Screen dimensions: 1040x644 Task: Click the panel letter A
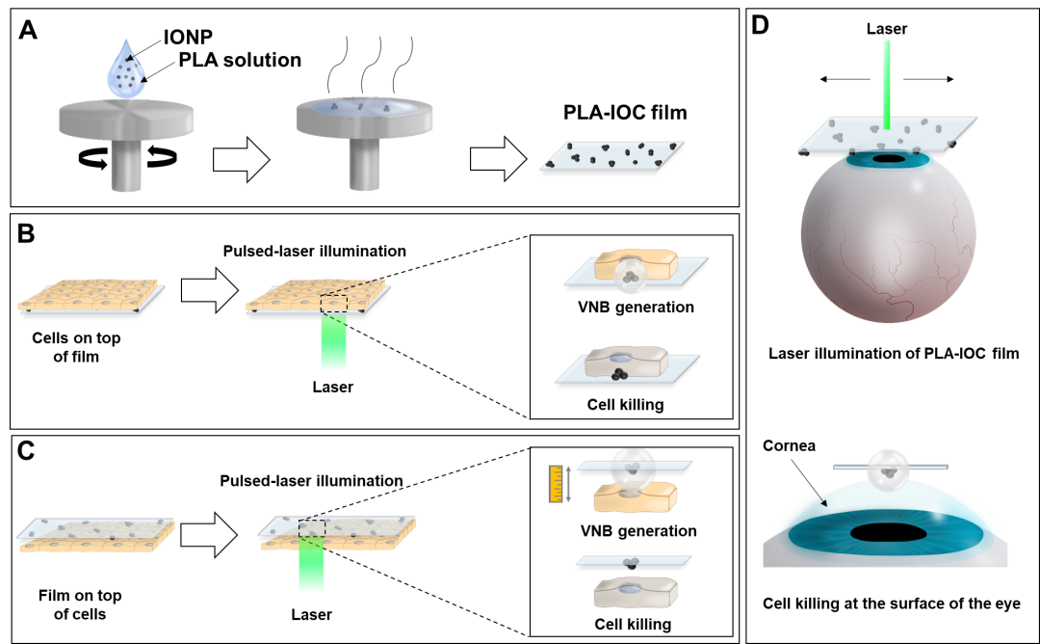[28, 30]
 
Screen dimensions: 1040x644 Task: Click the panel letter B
[26, 233]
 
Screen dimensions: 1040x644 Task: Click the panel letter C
[26, 451]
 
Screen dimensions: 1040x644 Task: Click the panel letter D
[760, 25]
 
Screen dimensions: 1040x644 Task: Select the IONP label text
[188, 38]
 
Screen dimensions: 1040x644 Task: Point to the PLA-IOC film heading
[625, 112]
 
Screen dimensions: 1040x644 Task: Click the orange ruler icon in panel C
[556, 484]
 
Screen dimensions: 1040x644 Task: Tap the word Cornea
[789, 445]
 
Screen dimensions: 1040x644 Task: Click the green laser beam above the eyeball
[887, 85]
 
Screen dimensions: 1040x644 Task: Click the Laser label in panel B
[333, 387]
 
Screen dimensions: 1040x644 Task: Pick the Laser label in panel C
[311, 615]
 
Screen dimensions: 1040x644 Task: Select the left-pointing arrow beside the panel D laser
[845, 79]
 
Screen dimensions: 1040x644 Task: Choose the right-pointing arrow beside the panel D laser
[928, 79]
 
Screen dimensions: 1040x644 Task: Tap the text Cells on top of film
[76, 347]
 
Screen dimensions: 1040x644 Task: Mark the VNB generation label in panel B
[636, 308]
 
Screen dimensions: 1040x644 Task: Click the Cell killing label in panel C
[632, 624]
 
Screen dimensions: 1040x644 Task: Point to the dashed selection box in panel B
[333, 304]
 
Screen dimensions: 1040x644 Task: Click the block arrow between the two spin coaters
[242, 159]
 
